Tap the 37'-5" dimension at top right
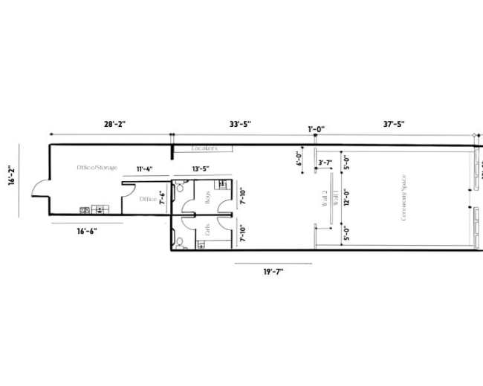(x=394, y=125)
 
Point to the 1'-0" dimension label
(x=316, y=130)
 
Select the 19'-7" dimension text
(x=273, y=272)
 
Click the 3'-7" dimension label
(x=325, y=163)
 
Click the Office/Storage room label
(x=97, y=168)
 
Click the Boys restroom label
(x=208, y=197)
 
